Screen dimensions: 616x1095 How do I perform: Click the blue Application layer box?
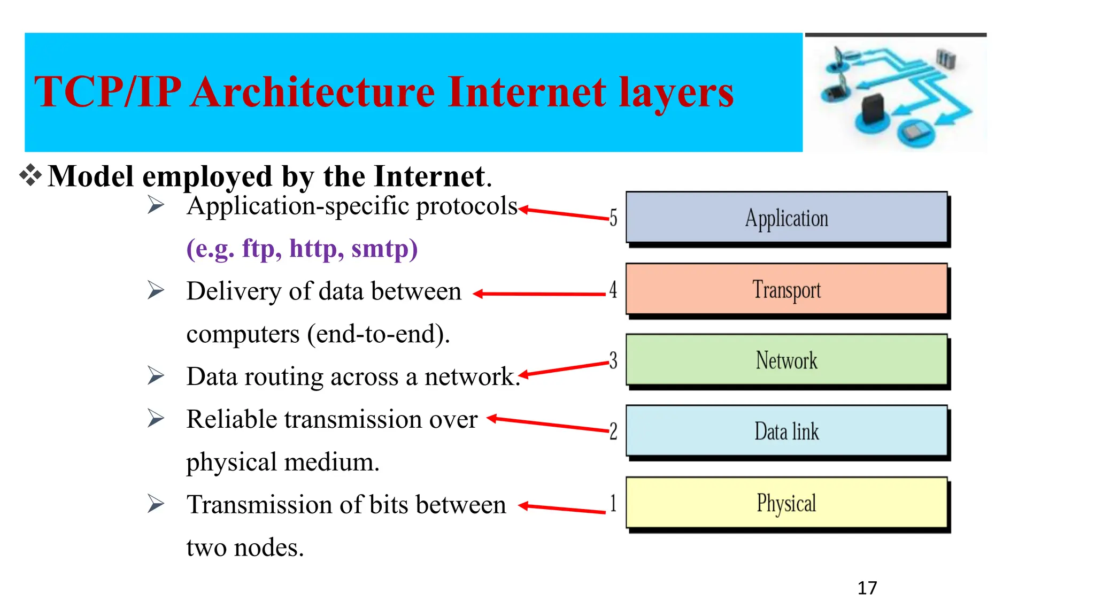[786, 218]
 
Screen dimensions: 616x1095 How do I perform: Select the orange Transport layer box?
[786, 289]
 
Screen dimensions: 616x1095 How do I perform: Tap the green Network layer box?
[786, 360]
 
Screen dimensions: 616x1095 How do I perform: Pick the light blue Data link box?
[786, 431]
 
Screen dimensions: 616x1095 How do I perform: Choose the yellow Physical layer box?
[786, 503]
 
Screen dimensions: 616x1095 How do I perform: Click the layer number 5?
[613, 218]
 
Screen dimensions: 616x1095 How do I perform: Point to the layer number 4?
[613, 289]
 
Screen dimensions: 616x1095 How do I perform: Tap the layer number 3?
[613, 360]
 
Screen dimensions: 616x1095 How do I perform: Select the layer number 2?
[613, 431]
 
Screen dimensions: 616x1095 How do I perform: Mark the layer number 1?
[613, 503]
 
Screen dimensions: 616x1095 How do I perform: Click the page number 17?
[867, 588]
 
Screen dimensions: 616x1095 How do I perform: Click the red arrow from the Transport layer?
[540, 294]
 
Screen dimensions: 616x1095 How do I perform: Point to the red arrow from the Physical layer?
[561, 509]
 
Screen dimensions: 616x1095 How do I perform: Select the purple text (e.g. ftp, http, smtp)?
[302, 249]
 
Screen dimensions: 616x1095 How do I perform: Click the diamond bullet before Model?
[30, 175]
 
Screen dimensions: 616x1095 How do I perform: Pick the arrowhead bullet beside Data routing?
[156, 375]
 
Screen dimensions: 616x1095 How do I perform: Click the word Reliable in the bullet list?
[232, 419]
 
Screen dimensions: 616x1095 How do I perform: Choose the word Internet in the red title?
[527, 92]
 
